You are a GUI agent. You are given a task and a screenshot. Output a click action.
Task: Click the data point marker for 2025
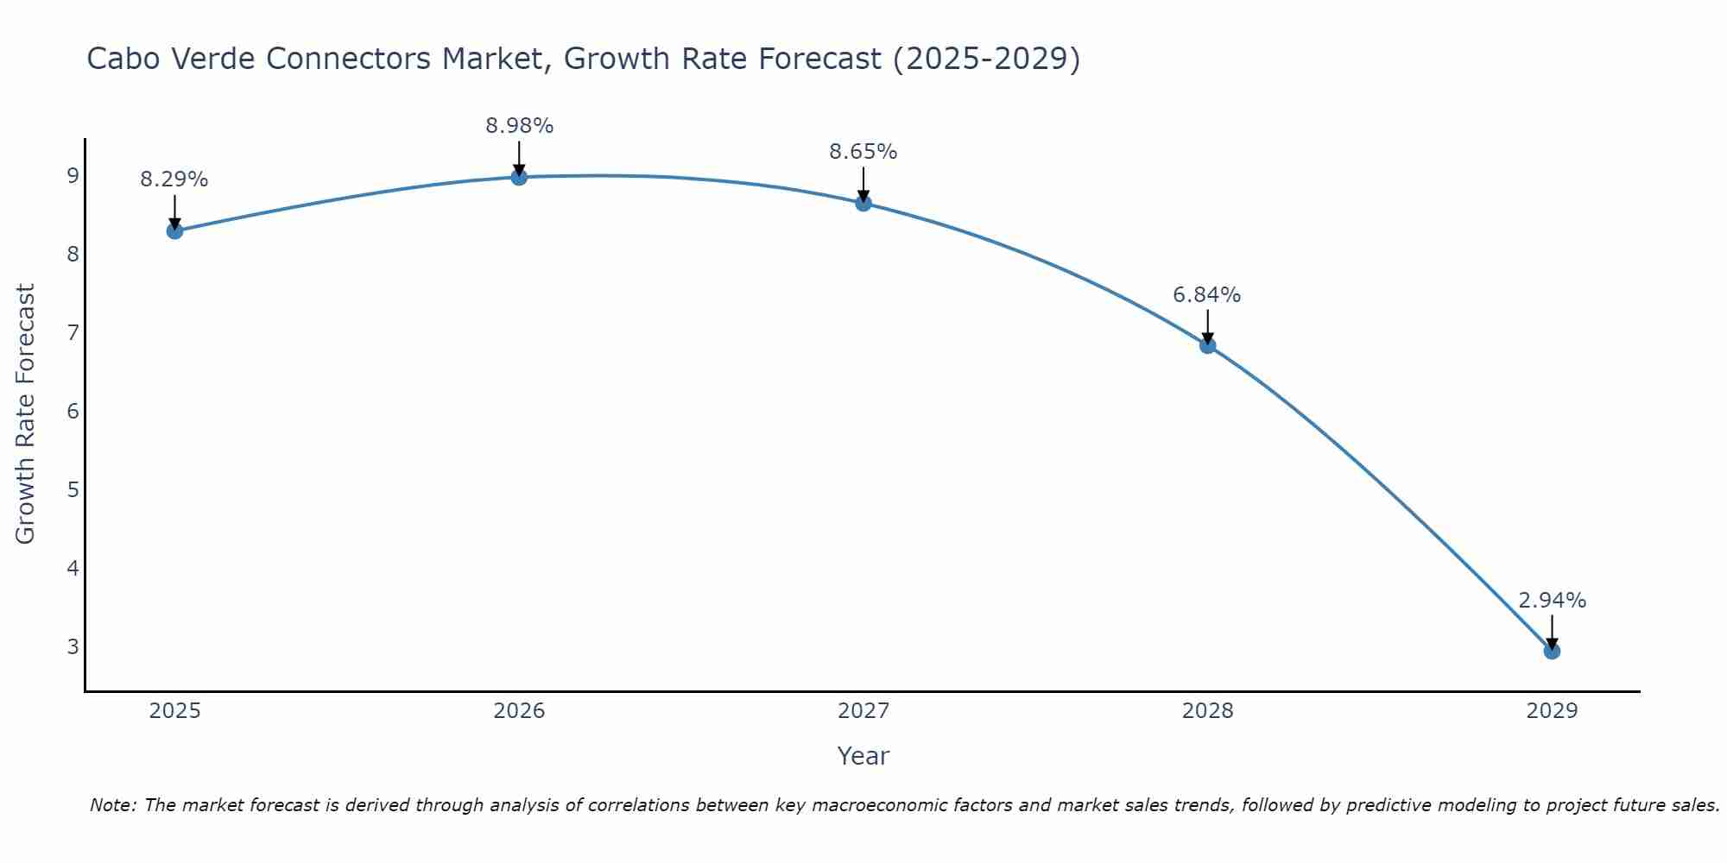(174, 230)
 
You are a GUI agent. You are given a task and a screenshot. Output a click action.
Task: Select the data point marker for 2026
(519, 177)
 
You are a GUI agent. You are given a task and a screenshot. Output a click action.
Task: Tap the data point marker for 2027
(863, 203)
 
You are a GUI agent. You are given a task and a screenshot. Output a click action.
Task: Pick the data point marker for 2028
(1207, 345)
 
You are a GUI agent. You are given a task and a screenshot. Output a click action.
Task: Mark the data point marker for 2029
(1552, 651)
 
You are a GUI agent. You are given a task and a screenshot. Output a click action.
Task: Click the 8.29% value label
(174, 180)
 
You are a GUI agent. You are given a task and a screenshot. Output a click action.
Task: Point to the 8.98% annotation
(519, 126)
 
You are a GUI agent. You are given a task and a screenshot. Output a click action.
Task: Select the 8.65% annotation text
(863, 152)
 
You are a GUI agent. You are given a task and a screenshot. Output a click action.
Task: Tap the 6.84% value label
(1207, 295)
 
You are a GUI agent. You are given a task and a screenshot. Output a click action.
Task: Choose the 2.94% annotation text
(1552, 601)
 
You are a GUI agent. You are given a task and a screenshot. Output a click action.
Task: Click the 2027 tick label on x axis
(863, 711)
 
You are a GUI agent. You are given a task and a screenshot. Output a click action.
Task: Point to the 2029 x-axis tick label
(1552, 711)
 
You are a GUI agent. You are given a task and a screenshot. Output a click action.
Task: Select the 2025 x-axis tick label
(174, 711)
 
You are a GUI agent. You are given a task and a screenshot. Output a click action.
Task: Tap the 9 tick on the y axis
(73, 176)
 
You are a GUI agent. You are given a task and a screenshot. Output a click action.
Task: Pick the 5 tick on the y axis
(73, 490)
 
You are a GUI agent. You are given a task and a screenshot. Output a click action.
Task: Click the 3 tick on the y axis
(73, 646)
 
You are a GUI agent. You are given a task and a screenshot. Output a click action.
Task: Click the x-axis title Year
(863, 756)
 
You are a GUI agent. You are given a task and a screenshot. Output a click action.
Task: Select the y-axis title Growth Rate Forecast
(26, 414)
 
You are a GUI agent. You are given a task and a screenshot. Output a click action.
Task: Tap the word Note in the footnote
(112, 805)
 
